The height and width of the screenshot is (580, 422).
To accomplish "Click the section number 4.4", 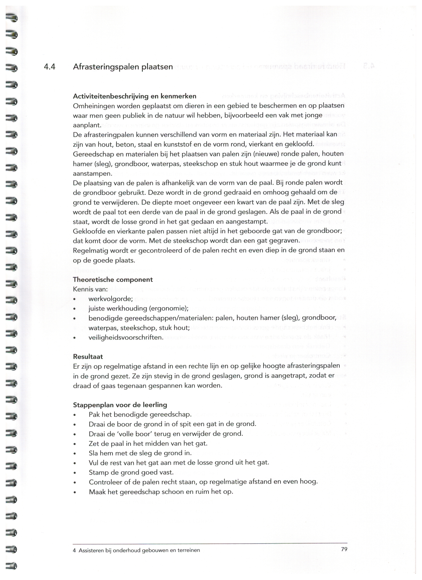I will [50, 67].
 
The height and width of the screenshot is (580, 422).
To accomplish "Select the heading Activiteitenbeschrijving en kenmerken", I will [135, 96].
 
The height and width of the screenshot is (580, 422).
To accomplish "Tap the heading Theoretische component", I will [113, 280].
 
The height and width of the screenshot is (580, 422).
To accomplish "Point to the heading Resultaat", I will [88, 356].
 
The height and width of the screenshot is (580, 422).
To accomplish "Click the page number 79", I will [344, 549].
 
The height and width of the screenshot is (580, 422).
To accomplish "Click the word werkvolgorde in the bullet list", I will [110, 299].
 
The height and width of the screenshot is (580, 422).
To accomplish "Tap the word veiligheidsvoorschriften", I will [126, 337].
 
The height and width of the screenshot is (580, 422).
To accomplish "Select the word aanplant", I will [87, 125].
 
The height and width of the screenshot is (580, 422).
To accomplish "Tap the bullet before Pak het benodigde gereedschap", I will [75, 415].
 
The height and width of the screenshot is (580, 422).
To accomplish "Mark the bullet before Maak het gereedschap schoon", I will [75, 492].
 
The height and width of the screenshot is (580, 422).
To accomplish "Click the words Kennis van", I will [90, 289].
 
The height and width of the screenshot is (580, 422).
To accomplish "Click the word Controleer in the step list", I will [105, 482].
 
